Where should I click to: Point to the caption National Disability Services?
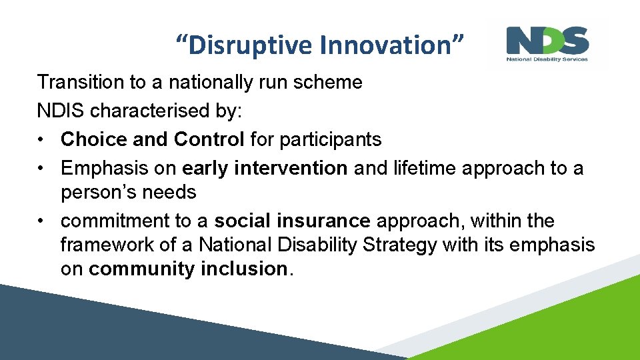(547, 59)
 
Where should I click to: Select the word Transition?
(81, 82)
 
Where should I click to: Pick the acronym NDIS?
(61, 111)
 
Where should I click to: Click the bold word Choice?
(94, 139)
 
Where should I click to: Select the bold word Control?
(209, 139)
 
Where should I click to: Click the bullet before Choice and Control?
(40, 140)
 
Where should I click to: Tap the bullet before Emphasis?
(40, 169)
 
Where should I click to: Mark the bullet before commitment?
(40, 221)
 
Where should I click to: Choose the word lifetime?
(425, 168)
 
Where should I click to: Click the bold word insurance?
(323, 221)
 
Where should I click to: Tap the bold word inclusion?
(244, 269)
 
